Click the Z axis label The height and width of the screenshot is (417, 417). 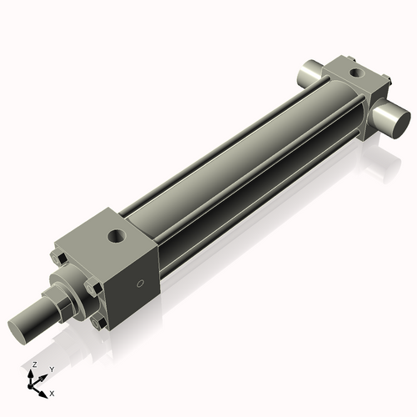pos(33,365)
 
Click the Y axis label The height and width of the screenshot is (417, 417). pos(51,369)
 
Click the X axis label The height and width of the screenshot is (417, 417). pos(52,392)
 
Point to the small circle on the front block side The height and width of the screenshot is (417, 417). pos(141,284)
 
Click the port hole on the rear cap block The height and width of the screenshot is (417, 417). pos(358,73)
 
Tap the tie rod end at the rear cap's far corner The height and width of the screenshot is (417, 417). pos(354,58)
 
